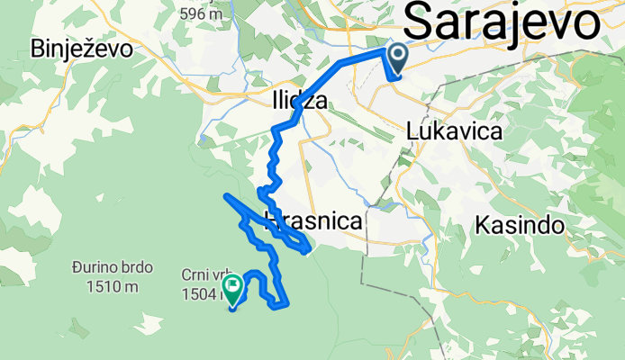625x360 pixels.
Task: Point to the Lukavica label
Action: click(x=454, y=130)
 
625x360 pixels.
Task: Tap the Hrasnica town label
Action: click(x=312, y=220)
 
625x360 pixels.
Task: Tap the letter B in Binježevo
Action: click(x=38, y=48)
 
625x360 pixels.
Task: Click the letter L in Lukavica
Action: click(x=413, y=130)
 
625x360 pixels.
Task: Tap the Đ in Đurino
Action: click(x=81, y=268)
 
